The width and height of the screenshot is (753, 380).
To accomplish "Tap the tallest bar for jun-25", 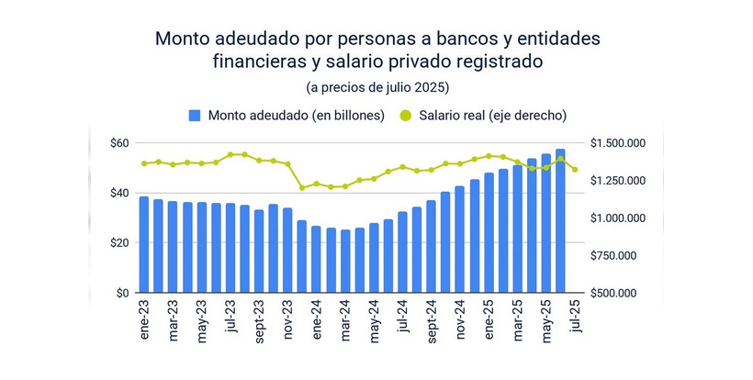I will click(560, 221).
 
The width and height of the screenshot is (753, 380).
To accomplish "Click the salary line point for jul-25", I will click(575, 169).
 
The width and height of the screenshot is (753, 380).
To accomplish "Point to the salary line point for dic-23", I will click(302, 187).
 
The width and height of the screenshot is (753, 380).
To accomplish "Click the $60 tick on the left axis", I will click(120, 143).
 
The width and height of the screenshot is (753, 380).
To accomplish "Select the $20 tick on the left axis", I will click(120, 243).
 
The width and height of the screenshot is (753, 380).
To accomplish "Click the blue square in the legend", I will click(195, 116).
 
